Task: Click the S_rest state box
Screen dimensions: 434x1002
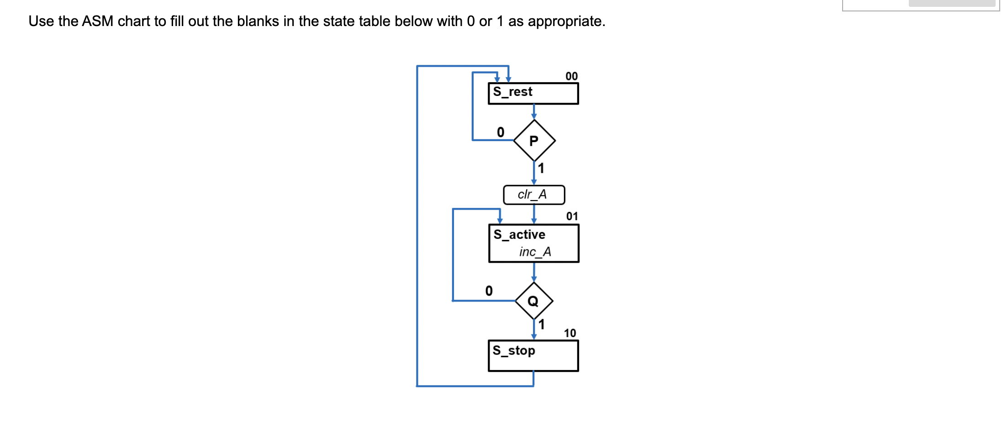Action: (x=533, y=93)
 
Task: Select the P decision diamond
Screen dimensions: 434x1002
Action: (x=534, y=140)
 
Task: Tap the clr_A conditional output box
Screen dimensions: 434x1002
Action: (x=533, y=195)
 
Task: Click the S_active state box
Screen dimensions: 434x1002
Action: (x=533, y=243)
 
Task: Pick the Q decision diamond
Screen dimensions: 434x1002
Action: (x=533, y=301)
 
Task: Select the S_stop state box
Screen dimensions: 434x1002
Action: (x=533, y=355)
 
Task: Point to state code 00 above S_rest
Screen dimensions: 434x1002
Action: (x=571, y=76)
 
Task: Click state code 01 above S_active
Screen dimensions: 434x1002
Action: (x=572, y=216)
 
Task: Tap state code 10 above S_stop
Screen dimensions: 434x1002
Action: (x=570, y=333)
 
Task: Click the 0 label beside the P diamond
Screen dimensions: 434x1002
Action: (x=501, y=132)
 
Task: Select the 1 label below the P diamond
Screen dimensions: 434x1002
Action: (x=541, y=168)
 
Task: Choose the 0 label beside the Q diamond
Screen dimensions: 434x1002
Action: (x=489, y=291)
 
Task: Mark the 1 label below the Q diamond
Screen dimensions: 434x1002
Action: (x=542, y=324)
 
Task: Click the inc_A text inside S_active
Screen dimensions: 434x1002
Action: (x=535, y=252)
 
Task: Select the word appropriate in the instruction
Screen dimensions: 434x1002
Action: (x=566, y=21)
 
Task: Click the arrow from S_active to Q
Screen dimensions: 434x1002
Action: (x=533, y=272)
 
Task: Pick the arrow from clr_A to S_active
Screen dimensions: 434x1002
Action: (x=533, y=214)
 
